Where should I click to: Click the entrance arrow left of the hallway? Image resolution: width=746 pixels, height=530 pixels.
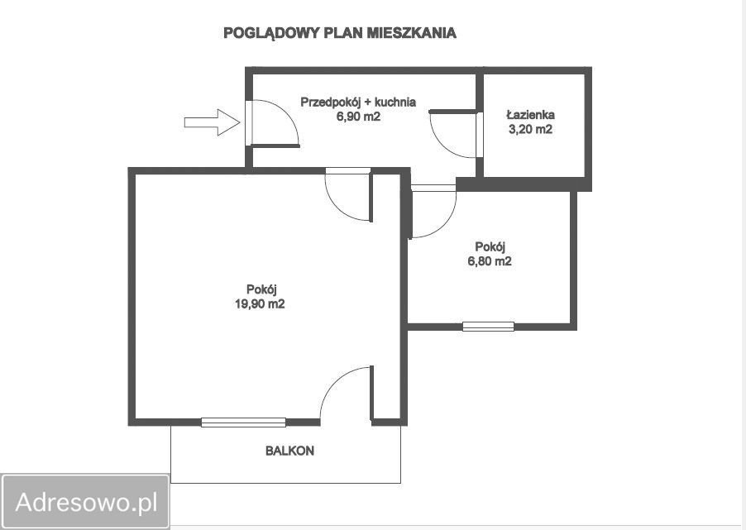212,122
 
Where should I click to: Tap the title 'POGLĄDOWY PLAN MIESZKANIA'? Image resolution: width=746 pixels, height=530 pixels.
340,33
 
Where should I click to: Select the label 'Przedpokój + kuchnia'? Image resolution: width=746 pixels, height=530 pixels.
357,102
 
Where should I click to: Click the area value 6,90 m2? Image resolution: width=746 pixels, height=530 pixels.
357,117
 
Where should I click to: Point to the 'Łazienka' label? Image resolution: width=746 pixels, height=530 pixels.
530,115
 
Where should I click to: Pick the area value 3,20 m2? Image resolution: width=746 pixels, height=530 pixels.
530,130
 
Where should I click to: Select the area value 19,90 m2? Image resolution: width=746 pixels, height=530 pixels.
260,303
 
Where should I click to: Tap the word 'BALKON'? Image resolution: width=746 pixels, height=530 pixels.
289,451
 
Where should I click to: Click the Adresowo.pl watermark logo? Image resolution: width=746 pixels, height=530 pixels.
86,501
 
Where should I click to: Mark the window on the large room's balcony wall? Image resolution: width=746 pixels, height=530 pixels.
243,422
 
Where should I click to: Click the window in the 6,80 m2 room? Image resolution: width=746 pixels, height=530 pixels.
488,326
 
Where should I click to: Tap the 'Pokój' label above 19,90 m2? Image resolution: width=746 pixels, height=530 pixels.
260,289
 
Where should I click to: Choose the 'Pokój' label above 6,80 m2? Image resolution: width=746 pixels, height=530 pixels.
490,246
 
